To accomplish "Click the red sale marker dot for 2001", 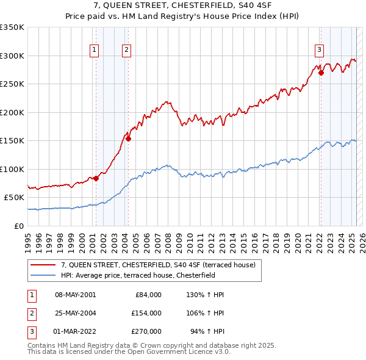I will [x=96, y=179].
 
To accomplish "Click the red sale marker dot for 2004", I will [x=129, y=139].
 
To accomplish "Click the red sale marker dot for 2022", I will [x=321, y=73].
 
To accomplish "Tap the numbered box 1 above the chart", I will [x=95, y=51].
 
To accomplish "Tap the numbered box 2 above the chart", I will [x=126, y=51].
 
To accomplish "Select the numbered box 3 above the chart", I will [x=319, y=51].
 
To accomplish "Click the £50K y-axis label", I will [x=14, y=198].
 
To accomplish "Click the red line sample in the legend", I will [x=43, y=265].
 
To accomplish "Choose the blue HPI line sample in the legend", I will [x=43, y=275].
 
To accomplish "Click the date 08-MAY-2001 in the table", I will [x=76, y=295].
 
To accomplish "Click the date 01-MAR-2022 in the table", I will [x=76, y=331].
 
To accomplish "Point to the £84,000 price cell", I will [x=147, y=295].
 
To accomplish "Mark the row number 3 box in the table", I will [x=30, y=331].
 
